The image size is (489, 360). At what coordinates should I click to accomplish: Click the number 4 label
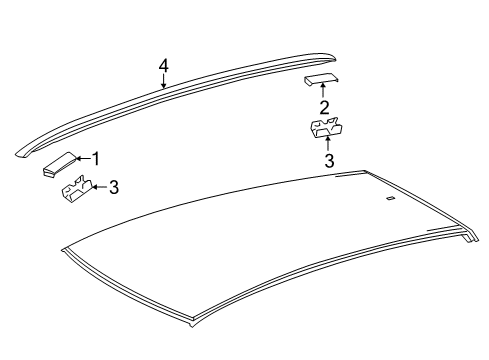coord(163,66)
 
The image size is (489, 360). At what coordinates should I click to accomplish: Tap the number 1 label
coord(97,157)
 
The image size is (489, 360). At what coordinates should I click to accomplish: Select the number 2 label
coord(324,107)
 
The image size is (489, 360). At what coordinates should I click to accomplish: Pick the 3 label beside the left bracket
coord(114,186)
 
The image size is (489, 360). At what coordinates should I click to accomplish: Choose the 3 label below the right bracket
coord(328,160)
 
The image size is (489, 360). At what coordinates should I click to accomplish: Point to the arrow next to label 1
coord(84,157)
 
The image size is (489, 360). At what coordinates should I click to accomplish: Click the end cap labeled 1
coord(59,163)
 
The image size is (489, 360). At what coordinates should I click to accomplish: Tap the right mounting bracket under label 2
coord(325,127)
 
